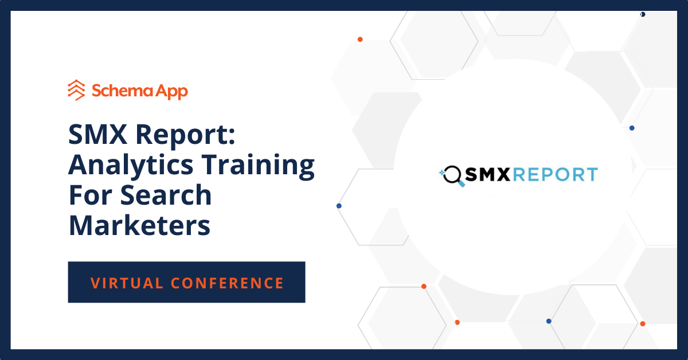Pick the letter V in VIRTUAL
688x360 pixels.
coord(95,283)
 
